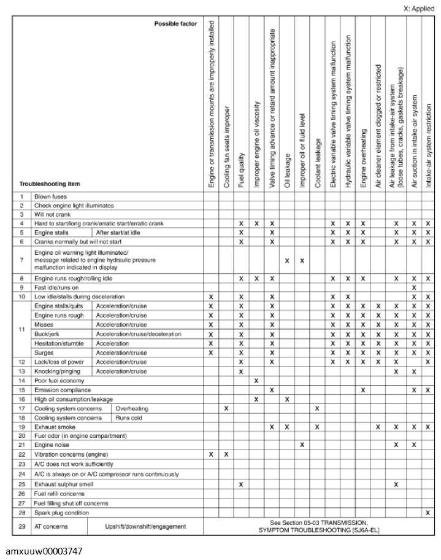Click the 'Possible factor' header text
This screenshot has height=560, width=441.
175,24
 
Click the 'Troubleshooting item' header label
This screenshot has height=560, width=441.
50,184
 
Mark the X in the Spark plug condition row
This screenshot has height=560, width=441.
428,512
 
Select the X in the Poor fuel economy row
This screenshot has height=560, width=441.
256,381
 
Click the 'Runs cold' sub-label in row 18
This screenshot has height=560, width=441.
128,418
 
